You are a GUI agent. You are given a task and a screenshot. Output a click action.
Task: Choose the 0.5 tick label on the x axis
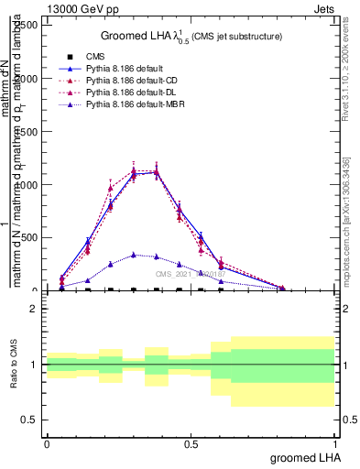[191, 443]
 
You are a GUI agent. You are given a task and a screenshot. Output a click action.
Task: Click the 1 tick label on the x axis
[334, 443]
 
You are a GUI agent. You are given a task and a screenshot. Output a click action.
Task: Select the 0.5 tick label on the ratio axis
[29, 420]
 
